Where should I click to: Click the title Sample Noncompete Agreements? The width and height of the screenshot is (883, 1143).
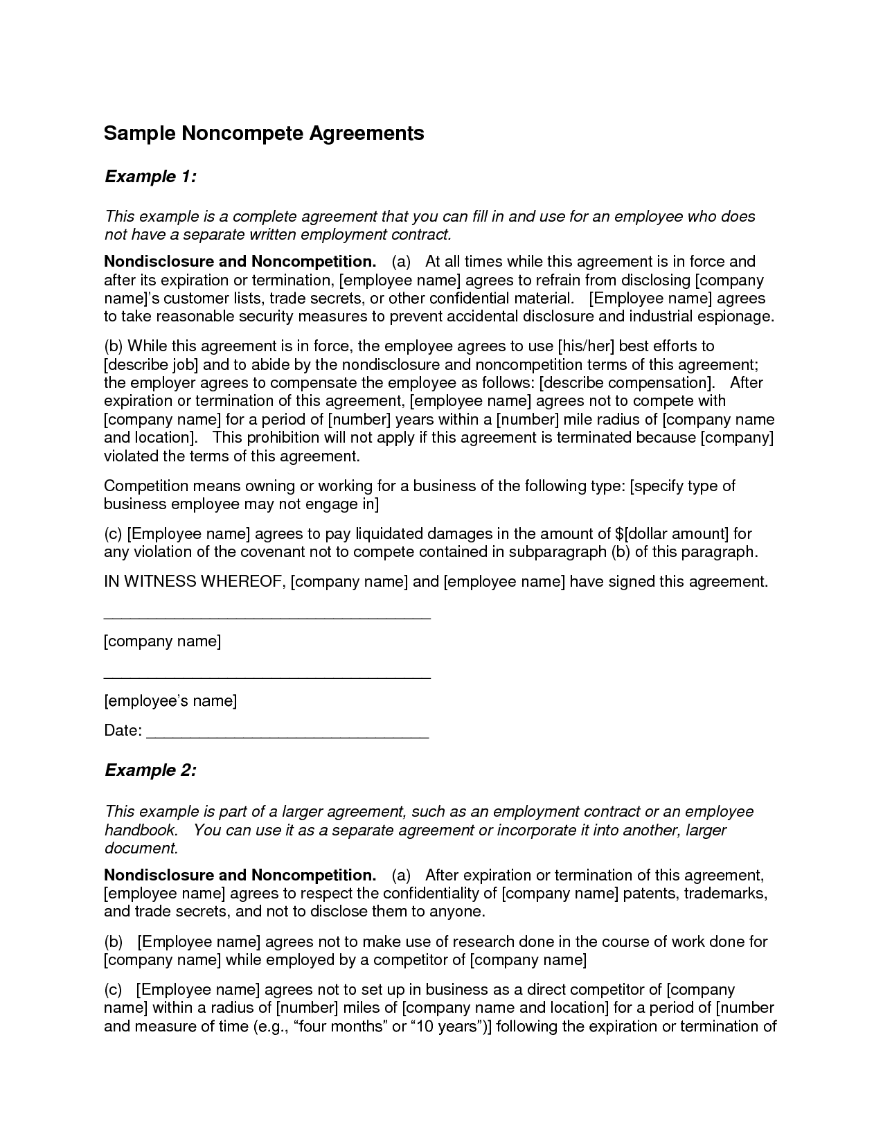click(264, 134)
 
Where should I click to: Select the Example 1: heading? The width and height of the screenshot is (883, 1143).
click(151, 177)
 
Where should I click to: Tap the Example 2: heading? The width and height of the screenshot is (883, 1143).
click(151, 771)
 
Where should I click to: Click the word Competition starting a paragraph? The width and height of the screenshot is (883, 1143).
click(146, 486)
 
